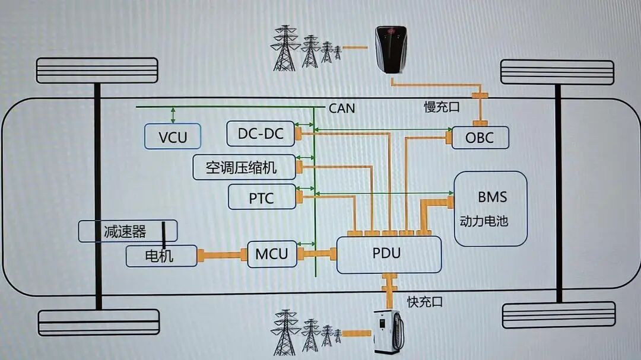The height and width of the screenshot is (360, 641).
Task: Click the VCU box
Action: pos(173,136)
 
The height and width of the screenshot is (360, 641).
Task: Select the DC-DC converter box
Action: pos(261,133)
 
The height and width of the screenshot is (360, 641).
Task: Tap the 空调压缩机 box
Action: pos(244,167)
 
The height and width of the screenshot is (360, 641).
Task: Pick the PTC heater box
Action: pos(262,197)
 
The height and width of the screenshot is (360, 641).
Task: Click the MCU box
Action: pos(272,254)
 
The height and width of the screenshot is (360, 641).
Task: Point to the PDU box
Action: pos(389,254)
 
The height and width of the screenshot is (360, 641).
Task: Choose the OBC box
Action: pos(480,138)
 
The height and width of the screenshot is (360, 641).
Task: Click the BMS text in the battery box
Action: pos(492,197)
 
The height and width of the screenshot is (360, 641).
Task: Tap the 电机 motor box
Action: pos(161,256)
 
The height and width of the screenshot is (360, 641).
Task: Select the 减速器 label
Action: pos(125,232)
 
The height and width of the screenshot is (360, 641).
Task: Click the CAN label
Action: pos(342,109)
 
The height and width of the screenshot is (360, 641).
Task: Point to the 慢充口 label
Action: pos(442,107)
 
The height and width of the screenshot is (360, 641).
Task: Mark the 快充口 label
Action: pos(425,302)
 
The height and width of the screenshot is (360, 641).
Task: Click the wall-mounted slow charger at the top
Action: pos(391,50)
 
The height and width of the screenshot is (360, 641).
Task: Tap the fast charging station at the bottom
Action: pos(389,332)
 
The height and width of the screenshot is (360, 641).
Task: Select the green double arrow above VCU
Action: pos(173,115)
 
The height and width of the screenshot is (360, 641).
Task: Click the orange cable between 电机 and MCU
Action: pos(223,256)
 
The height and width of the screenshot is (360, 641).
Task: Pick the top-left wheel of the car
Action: pos(97,71)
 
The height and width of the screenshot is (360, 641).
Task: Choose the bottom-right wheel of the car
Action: pos(559,315)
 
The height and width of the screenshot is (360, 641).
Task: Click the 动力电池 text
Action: pos(484,221)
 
